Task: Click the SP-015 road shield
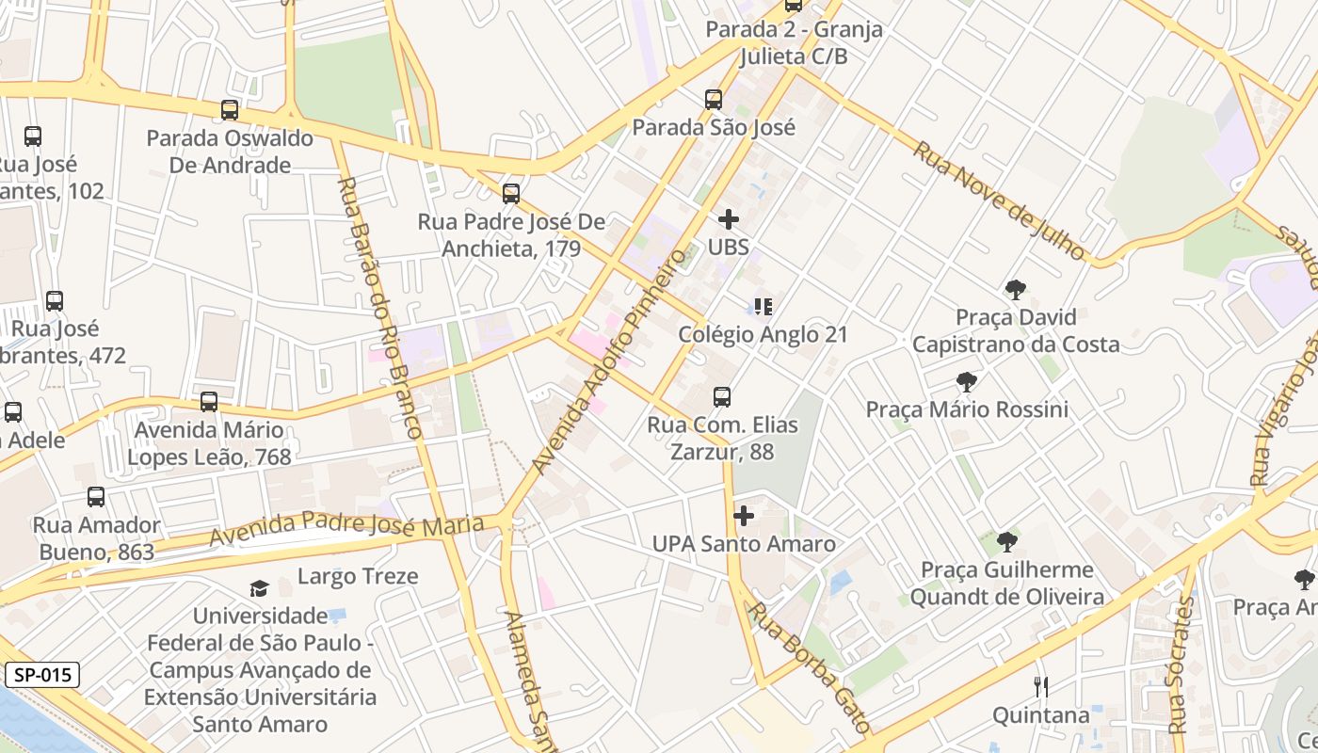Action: tap(42, 675)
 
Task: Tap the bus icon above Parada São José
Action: tap(714, 99)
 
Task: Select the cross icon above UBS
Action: tap(728, 219)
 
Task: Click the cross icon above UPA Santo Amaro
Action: tap(744, 516)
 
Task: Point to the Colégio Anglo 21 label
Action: tap(763, 334)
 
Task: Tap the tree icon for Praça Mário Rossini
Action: tap(966, 381)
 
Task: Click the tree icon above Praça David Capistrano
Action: tap(1015, 290)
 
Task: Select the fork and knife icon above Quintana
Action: tap(1040, 687)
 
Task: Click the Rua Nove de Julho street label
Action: tap(999, 200)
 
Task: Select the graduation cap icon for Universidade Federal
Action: tap(259, 589)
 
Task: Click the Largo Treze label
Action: tap(358, 576)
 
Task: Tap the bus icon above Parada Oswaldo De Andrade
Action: tap(229, 110)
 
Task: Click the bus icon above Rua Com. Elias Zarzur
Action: tap(721, 396)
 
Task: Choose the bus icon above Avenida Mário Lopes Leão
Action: tap(209, 402)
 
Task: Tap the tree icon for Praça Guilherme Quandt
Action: tap(1006, 541)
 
